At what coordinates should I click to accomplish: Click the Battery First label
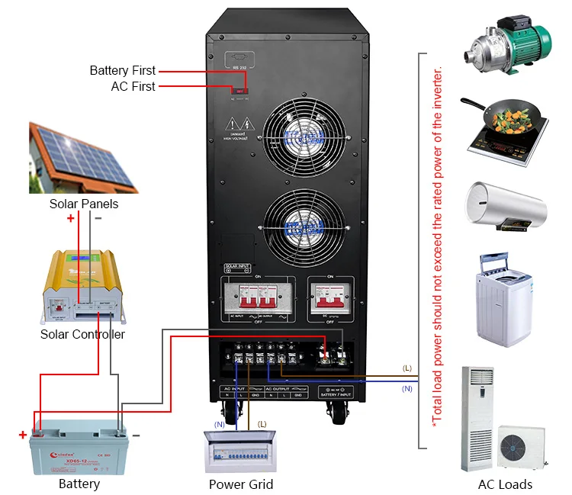pyautogui.click(x=122, y=71)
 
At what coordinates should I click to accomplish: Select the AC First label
pyautogui.click(x=133, y=87)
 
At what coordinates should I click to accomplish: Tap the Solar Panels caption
pyautogui.click(x=84, y=204)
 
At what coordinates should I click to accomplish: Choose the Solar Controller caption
pyautogui.click(x=82, y=334)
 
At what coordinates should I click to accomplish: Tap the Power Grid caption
pyautogui.click(x=241, y=484)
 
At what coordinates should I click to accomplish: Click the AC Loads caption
pyautogui.click(x=505, y=484)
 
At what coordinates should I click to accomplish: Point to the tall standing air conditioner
pyautogui.click(x=477, y=419)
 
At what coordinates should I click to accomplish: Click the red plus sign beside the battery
pyautogui.click(x=23, y=436)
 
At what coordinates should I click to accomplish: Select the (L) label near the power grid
pyautogui.click(x=262, y=423)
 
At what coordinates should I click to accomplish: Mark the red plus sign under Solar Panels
pyautogui.click(x=71, y=218)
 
